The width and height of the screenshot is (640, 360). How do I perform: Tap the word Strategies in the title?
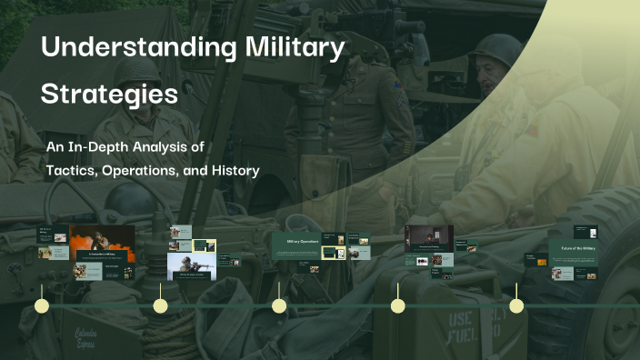tap(109, 94)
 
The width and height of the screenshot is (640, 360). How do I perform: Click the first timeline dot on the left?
tap(42, 305)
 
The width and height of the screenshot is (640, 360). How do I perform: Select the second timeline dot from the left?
tap(160, 305)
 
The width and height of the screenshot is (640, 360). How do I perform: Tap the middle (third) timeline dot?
tap(279, 305)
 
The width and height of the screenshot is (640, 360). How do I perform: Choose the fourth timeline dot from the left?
tap(397, 305)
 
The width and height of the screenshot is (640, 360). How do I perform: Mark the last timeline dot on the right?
tap(516, 305)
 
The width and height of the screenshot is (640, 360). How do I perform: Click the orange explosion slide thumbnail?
tap(102, 244)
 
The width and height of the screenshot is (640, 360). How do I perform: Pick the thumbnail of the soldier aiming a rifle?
tap(191, 266)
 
